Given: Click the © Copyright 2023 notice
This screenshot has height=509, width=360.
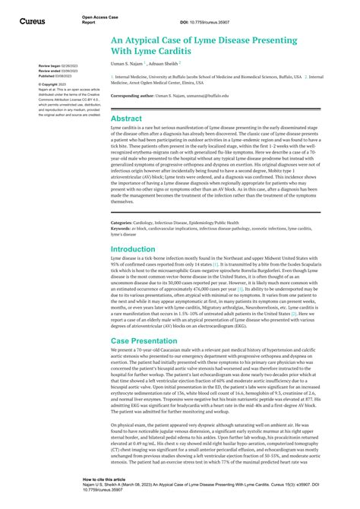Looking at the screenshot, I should (x=51, y=84).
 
